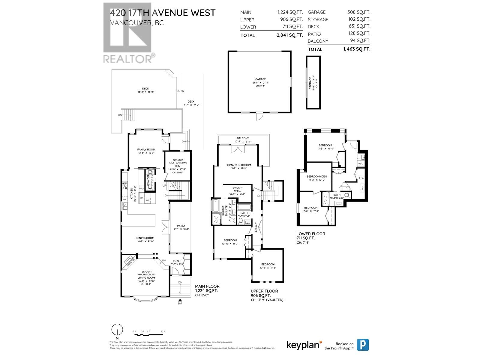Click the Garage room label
point(260,79)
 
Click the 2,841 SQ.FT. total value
point(289,35)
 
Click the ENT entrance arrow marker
point(180,300)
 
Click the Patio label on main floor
point(181,226)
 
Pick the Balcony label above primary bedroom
point(243,138)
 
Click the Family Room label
point(146,149)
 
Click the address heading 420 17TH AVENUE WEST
point(162,13)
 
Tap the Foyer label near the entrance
point(176,261)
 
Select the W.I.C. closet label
point(237,191)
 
